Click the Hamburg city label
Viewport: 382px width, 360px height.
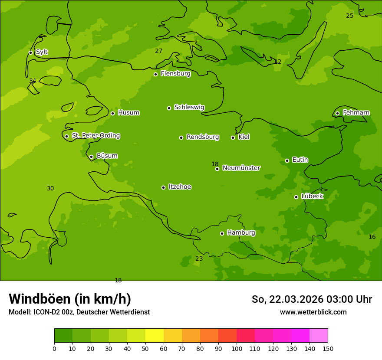click(241, 233)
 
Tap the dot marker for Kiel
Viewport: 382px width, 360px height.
click(233, 137)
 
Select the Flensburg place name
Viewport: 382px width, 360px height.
click(175, 74)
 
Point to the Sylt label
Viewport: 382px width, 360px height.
click(42, 52)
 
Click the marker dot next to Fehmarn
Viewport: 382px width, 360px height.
click(337, 113)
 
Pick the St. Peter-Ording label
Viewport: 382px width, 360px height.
click(95, 136)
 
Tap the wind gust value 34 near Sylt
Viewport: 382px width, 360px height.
click(33, 81)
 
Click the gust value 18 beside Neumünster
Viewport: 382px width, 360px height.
click(215, 164)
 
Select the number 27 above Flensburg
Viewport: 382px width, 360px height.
click(158, 51)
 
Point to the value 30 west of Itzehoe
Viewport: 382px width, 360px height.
click(50, 188)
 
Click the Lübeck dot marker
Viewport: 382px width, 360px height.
click(296, 197)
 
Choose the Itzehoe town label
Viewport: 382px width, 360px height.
click(180, 187)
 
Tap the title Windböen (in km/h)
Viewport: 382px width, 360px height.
click(70, 299)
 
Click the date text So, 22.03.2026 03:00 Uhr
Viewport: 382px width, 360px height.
click(312, 299)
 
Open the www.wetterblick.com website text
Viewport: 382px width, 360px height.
click(313, 312)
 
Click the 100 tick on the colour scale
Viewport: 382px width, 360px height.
click(237, 348)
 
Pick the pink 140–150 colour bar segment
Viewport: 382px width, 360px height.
click(319, 336)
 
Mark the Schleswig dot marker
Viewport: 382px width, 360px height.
click(169, 108)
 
